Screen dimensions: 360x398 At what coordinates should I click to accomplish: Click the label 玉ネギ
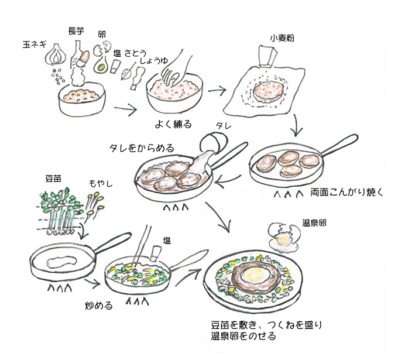(x=36, y=44)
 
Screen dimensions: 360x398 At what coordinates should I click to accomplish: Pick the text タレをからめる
(x=142, y=148)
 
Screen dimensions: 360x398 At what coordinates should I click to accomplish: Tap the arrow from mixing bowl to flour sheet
(x=217, y=91)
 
